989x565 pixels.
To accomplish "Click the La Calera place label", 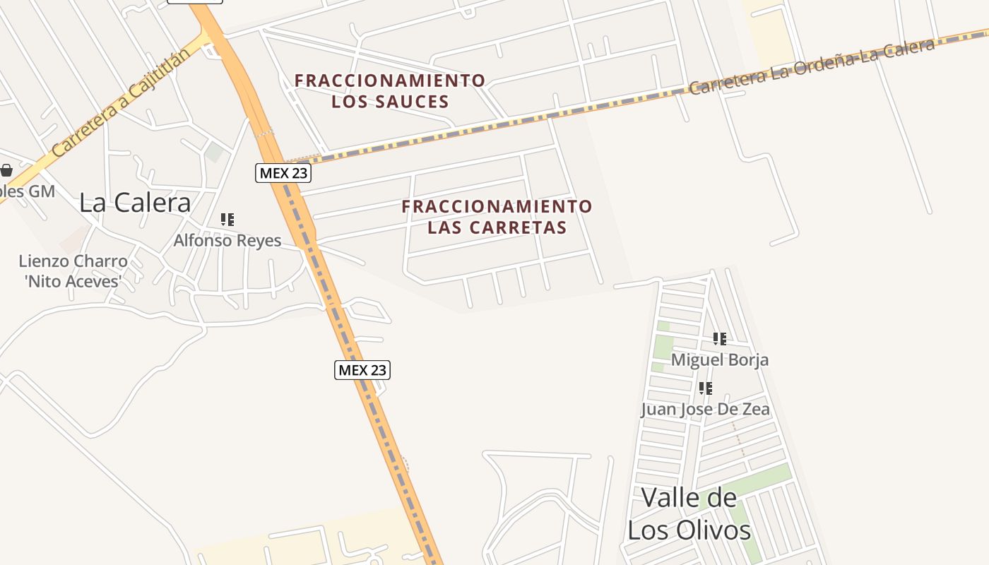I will click(x=135, y=203).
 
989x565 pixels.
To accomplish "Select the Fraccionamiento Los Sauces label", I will click(x=390, y=91).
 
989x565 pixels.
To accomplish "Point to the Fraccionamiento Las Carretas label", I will click(x=497, y=217).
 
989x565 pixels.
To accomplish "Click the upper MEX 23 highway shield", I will click(x=283, y=173).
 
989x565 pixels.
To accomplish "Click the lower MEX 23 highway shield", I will click(x=362, y=369).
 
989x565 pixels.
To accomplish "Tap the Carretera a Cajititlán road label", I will click(x=121, y=103).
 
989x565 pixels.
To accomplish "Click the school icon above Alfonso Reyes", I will click(x=227, y=220).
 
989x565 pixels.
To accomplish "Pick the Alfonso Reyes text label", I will click(x=227, y=241).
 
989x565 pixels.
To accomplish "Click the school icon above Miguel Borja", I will click(x=720, y=339).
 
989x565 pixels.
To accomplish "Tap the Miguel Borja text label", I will click(x=720, y=359).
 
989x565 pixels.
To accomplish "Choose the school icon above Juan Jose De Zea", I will click(x=705, y=388).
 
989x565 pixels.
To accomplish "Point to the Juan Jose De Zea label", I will click(x=705, y=409).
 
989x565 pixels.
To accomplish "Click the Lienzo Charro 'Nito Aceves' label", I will click(x=73, y=271).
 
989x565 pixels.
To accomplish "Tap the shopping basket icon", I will click(x=6, y=170).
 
